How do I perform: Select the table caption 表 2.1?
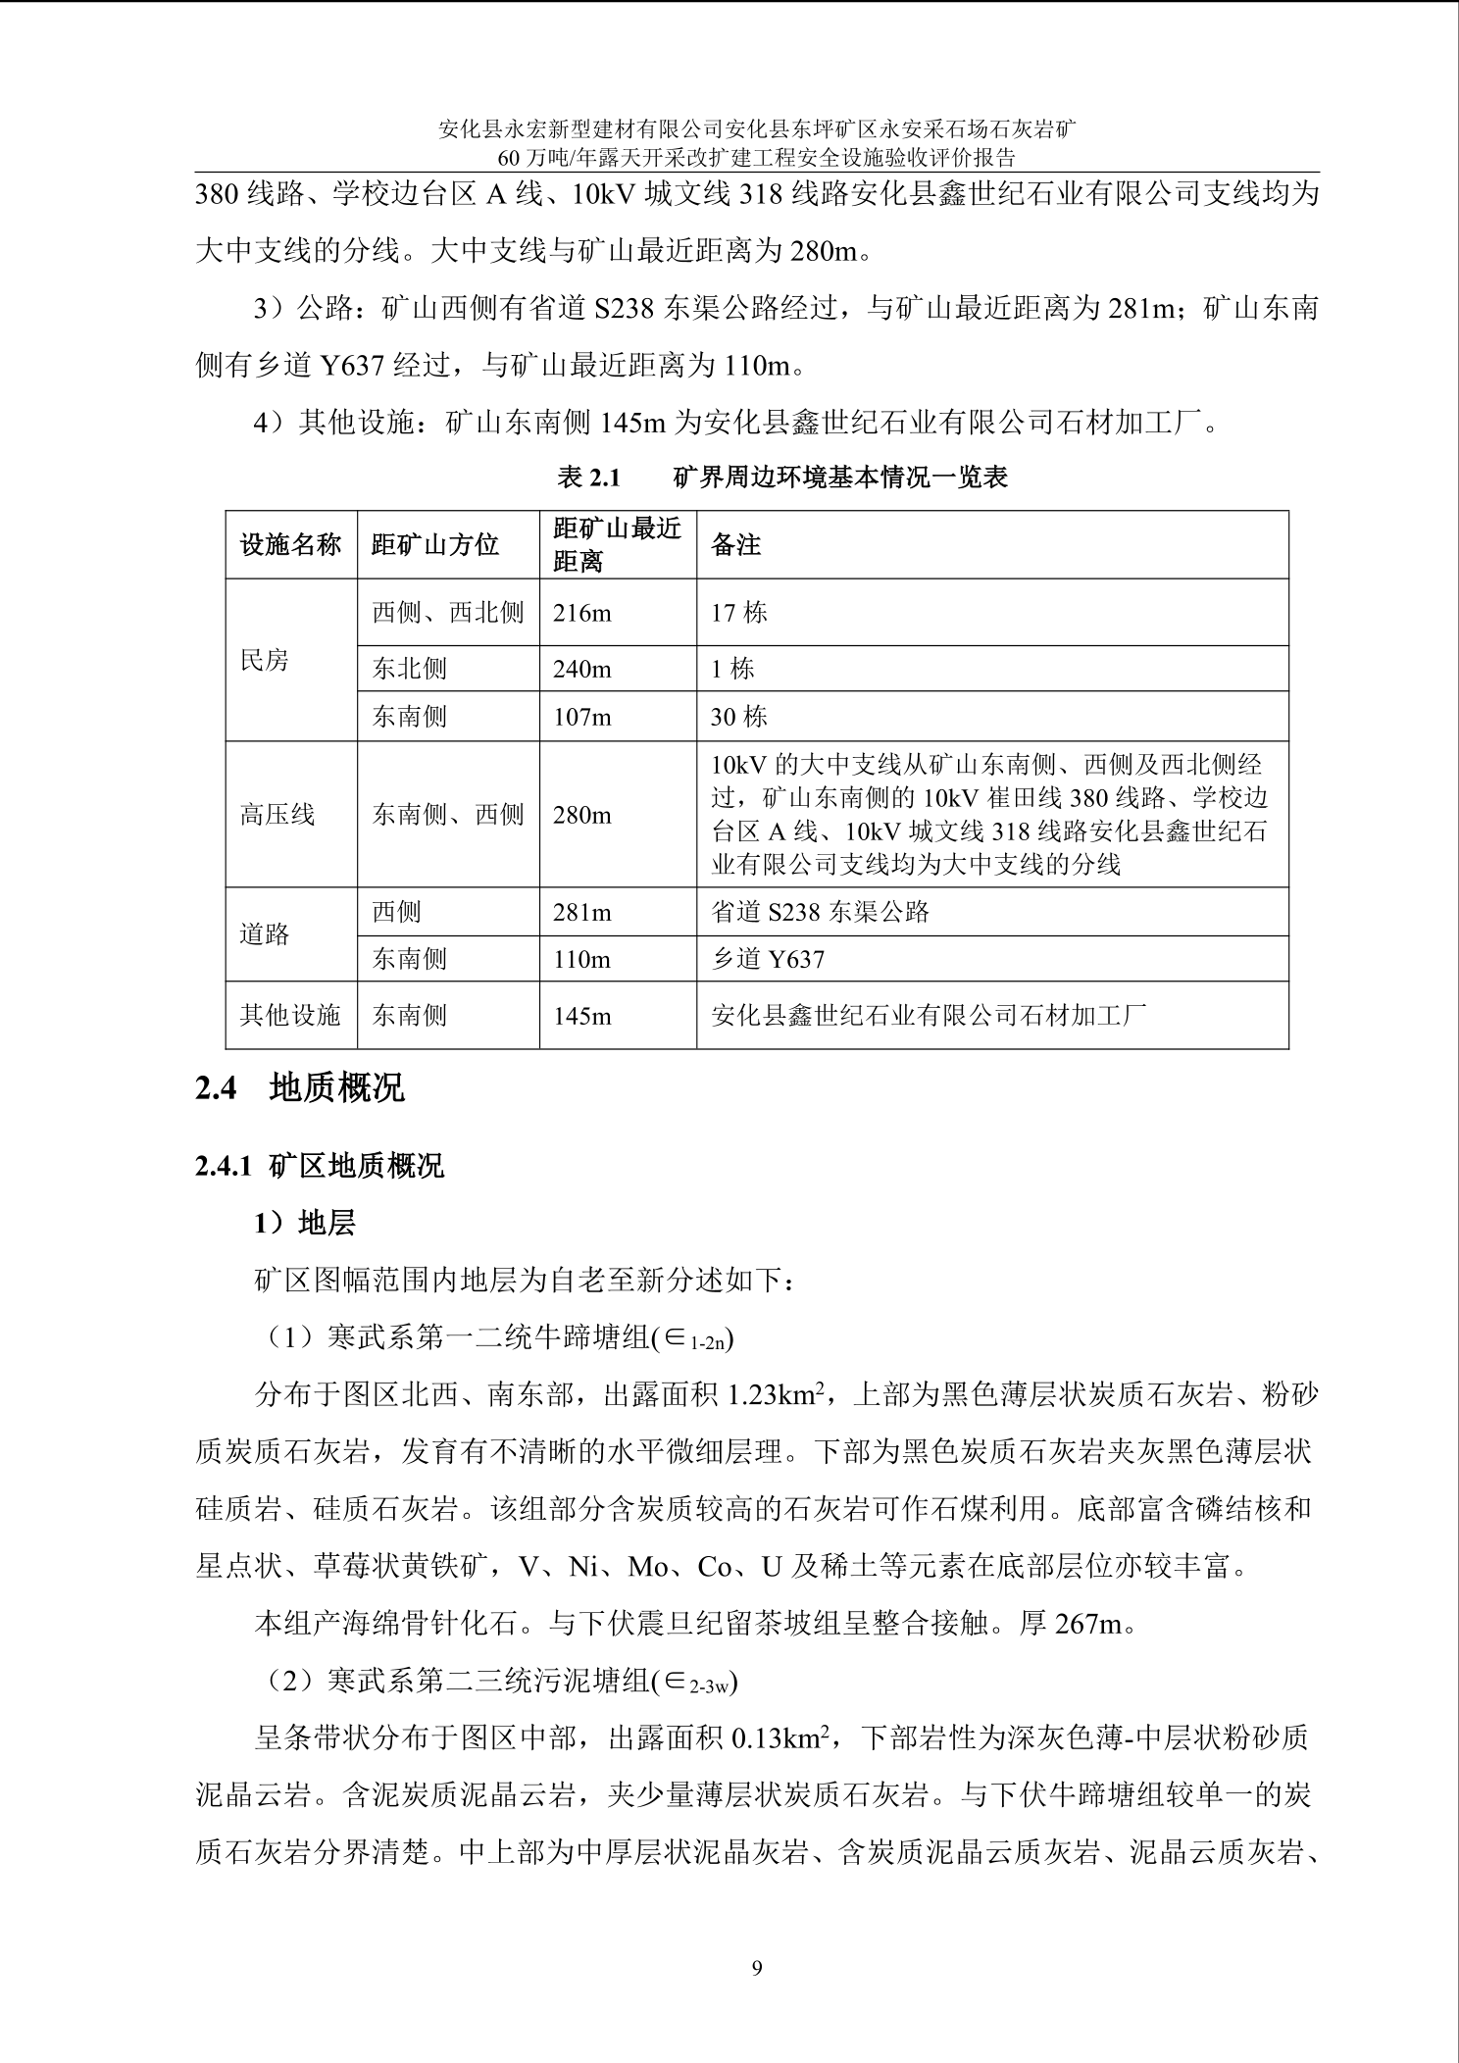[588, 478]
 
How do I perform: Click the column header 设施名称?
[290, 544]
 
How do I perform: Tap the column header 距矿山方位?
[434, 544]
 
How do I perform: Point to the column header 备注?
[735, 544]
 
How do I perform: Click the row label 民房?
[265, 660]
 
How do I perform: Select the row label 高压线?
[277, 814]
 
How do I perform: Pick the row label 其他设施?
[290, 1015]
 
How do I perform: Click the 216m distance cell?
[581, 613]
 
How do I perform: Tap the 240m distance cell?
[581, 669]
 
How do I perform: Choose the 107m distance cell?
[581, 717]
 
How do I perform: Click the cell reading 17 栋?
[739, 613]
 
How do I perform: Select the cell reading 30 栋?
[739, 717]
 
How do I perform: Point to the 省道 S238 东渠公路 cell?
[820, 912]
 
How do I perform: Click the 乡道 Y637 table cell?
[768, 959]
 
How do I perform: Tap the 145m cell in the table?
[581, 1015]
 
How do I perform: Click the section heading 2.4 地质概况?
[300, 1088]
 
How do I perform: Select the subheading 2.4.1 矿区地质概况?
[320, 1166]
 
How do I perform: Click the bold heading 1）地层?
[305, 1223]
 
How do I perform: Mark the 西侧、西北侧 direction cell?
[448, 613]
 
